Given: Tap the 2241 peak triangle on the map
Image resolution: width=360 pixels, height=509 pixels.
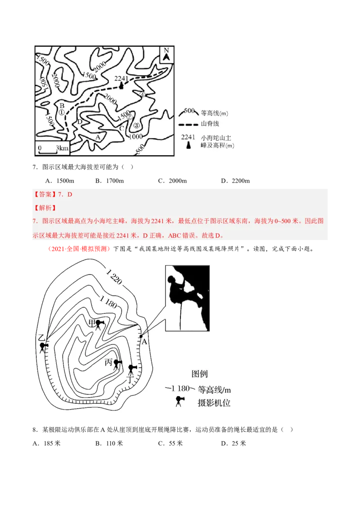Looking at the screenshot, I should [121, 86].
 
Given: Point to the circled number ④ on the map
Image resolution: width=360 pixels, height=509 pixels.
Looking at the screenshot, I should [142, 95].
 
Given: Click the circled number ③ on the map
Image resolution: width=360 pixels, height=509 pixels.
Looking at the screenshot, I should [137, 125].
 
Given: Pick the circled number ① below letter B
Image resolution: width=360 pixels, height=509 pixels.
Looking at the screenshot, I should [62, 112].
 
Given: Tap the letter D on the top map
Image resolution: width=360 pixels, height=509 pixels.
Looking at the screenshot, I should [79, 122].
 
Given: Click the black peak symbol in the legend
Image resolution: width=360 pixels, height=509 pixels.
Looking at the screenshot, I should [188, 146].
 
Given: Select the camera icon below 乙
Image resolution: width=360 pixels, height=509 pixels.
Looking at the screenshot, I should [43, 347].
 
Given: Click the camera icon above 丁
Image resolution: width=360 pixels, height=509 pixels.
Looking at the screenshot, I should [131, 369].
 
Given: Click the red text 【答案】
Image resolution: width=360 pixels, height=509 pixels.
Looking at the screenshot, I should [43, 194].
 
